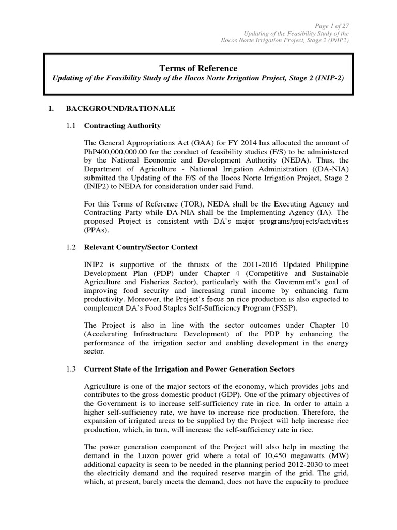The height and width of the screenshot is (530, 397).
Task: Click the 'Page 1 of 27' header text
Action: coord(331,25)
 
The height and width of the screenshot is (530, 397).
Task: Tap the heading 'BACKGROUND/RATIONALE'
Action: coord(120,109)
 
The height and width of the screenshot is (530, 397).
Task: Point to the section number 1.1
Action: coord(71,126)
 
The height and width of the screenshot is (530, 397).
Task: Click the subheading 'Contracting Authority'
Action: coord(122,126)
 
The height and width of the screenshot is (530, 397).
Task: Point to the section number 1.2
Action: coord(71,247)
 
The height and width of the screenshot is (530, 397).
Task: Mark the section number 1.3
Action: coord(71,369)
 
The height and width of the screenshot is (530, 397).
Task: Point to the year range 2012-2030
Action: coord(280,464)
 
